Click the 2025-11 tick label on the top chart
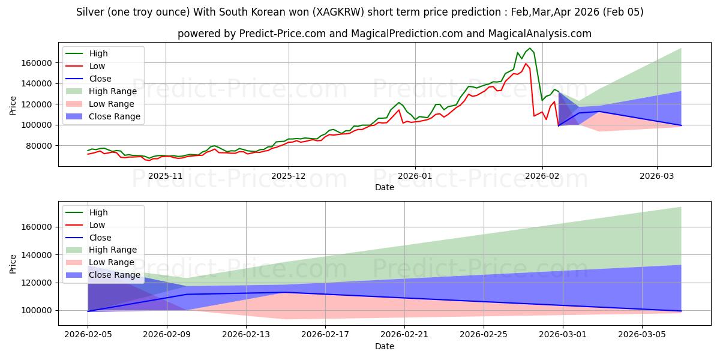tap(165, 176)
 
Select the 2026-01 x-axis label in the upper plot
tap(415, 176)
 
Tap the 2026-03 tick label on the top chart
tap(657, 176)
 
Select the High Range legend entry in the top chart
tap(113, 91)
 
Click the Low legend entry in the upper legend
tap(97, 66)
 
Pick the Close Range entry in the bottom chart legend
tap(115, 275)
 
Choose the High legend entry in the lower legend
tap(98, 212)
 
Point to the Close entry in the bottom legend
tap(100, 238)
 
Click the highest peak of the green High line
tap(530, 48)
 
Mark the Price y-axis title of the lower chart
tap(13, 263)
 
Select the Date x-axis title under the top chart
tap(385, 187)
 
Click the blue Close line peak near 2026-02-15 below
tap(285, 292)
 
